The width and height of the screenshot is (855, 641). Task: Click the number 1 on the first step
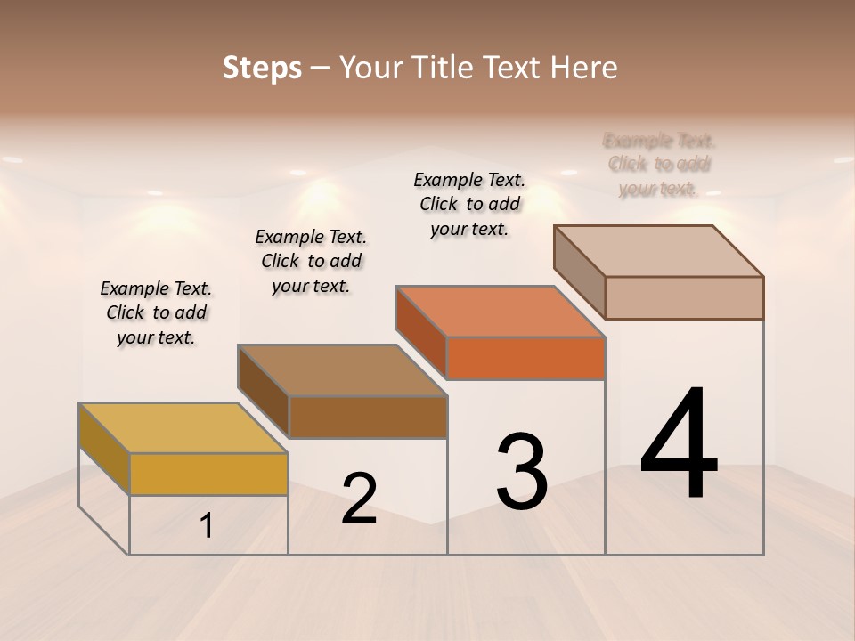(x=207, y=526)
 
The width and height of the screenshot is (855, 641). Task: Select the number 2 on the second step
(x=359, y=499)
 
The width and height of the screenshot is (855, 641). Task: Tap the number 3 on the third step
(x=522, y=471)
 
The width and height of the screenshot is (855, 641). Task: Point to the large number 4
(x=680, y=444)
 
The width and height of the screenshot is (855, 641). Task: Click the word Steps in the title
(x=262, y=68)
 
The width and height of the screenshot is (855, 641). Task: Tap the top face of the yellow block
(x=183, y=428)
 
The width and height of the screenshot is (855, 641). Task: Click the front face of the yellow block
(x=208, y=474)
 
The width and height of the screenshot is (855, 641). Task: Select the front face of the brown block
(x=368, y=417)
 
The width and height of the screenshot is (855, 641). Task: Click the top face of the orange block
(x=500, y=312)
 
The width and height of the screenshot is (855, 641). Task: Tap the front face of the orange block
(x=525, y=358)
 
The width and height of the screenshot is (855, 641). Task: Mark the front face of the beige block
(x=684, y=297)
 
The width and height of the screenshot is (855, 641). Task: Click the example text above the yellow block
(x=156, y=312)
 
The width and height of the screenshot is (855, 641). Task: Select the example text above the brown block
(x=311, y=261)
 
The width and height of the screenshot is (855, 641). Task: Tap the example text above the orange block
(x=469, y=204)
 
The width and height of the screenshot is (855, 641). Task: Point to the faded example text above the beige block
(x=659, y=165)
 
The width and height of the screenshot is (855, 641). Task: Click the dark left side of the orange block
(x=420, y=332)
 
